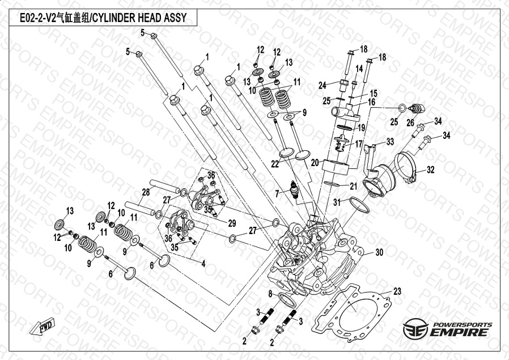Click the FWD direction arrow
pos(45,327)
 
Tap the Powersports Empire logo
pos(447,329)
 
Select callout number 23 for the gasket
pos(397,291)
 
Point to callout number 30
pos(380,253)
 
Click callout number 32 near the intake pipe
pos(431,169)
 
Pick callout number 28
pos(146,192)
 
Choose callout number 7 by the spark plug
pos(277,194)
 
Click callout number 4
pos(203,262)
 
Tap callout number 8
pos(271,293)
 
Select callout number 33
pos(390,141)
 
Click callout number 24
pos(322,85)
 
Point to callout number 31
pos(336,202)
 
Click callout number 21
pos(353,186)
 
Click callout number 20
pos(315,162)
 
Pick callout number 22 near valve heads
pos(274,164)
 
